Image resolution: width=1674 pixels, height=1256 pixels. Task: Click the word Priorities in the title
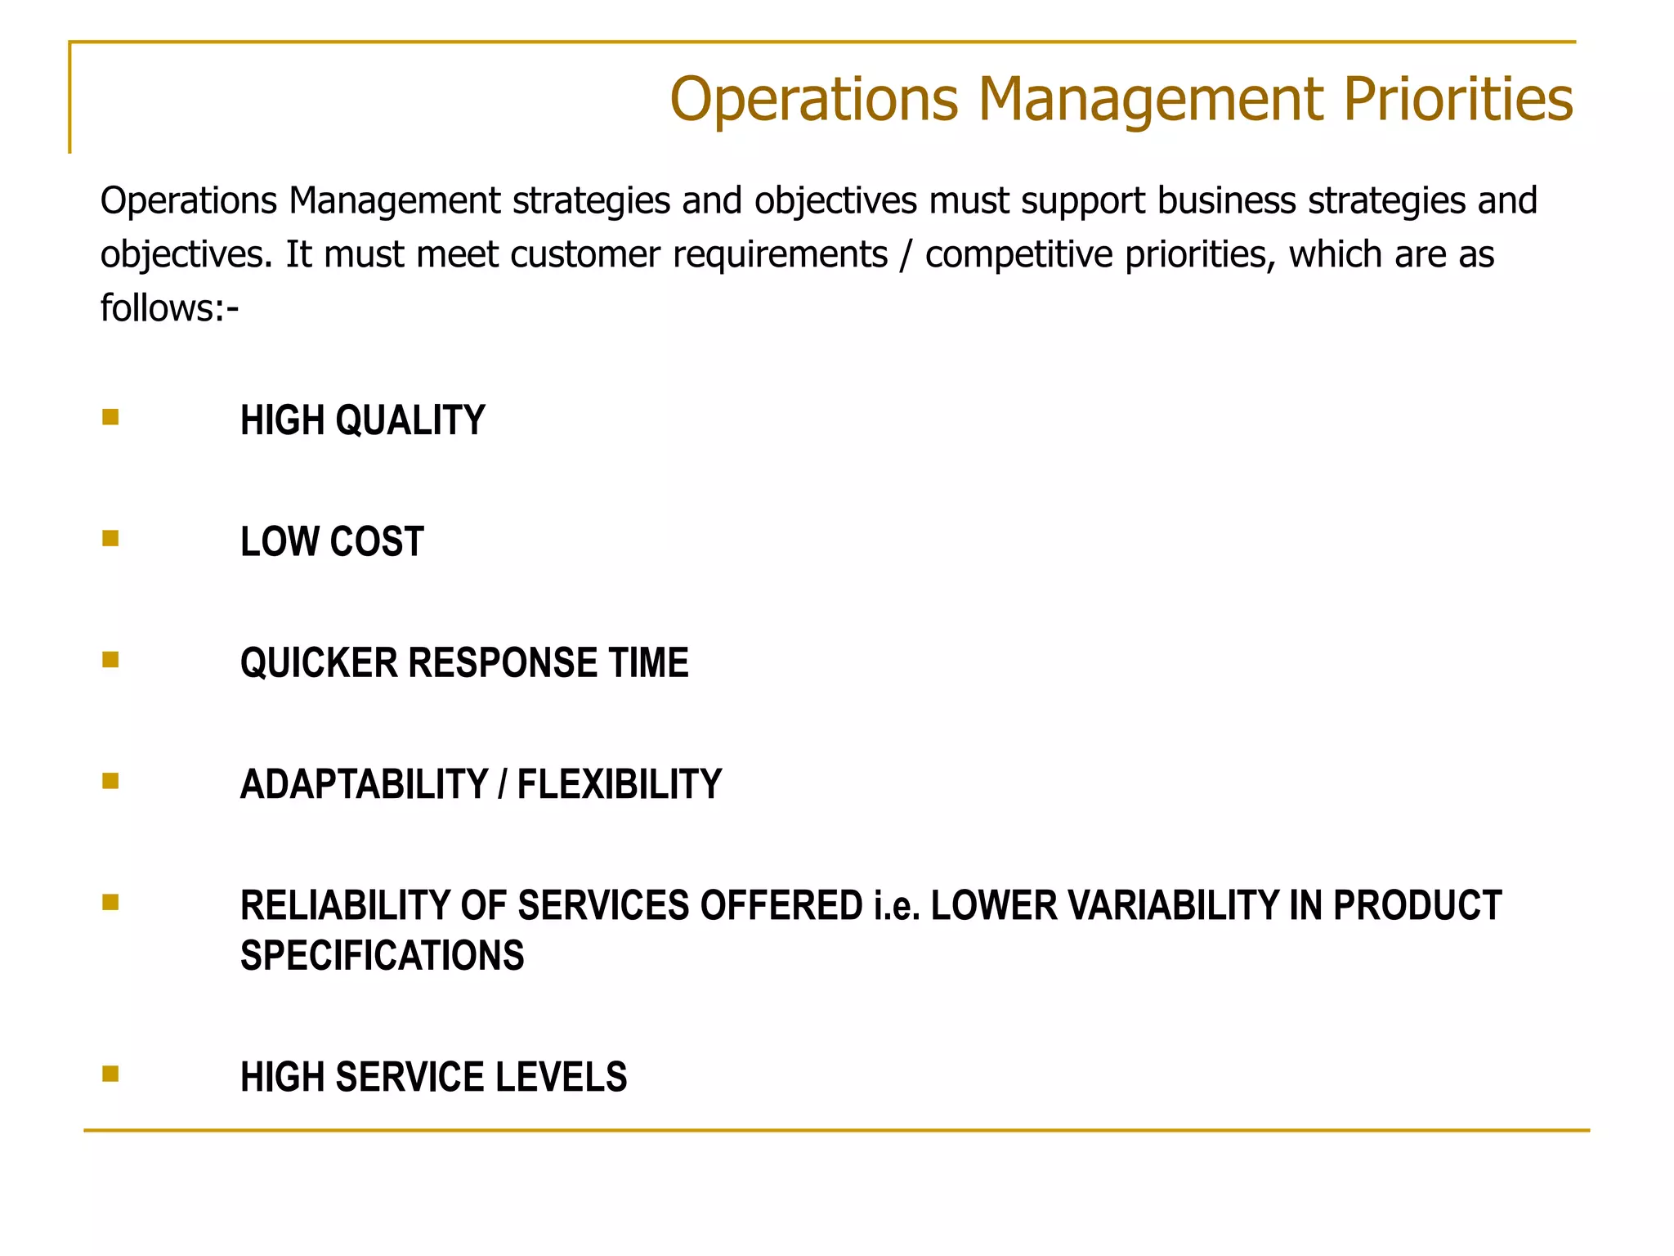(1457, 100)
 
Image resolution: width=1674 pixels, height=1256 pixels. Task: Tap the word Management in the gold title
(1150, 100)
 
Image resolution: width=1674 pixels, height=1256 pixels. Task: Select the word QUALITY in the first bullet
(410, 420)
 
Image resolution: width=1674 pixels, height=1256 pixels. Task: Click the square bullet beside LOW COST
(110, 538)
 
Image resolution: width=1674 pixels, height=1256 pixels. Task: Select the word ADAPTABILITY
(364, 784)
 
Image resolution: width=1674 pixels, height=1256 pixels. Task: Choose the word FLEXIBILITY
(620, 784)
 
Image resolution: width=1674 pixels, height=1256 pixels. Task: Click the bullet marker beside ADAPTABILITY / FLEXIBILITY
(110, 781)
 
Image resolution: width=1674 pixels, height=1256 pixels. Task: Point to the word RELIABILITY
(345, 905)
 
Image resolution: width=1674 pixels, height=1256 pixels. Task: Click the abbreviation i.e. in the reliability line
(897, 905)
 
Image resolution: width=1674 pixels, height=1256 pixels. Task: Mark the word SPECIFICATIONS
(382, 955)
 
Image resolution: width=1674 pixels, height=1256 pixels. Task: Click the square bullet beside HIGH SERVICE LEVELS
(110, 1073)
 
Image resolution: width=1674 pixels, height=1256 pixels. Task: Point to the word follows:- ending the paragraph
(169, 308)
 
